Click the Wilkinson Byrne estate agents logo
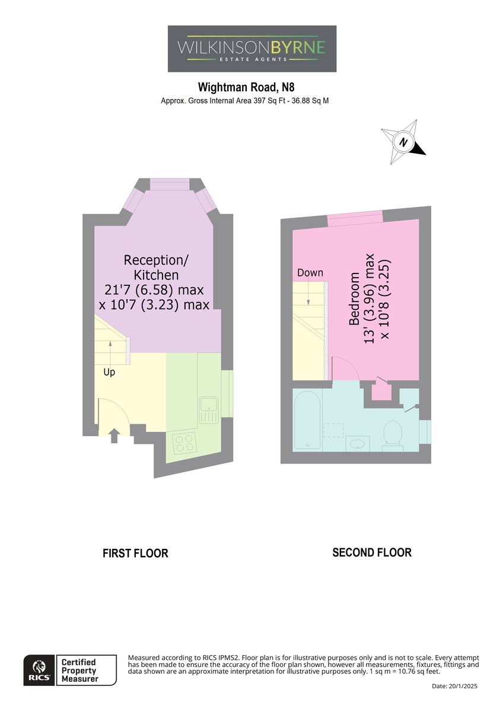coord(251,49)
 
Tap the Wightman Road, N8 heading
coord(246,87)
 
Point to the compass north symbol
coord(403,142)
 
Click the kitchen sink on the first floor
coord(209,410)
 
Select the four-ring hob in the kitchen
coord(184,443)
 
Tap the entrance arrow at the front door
coord(114,436)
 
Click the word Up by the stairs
coord(109,372)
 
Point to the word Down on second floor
coord(310,273)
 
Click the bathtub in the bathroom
coord(308,419)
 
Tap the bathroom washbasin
coord(358,443)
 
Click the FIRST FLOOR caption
coord(135,554)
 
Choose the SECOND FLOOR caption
coord(372,552)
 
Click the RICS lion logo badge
coord(39,670)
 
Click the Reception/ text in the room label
coord(155,260)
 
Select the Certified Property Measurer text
coord(79,670)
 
